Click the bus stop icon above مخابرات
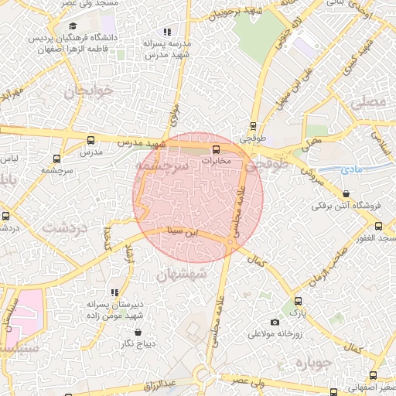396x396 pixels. pos(215,149)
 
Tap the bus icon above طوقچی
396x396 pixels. pos(252,127)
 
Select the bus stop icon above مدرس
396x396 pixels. pos(91,141)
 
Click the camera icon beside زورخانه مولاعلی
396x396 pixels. pos(275,322)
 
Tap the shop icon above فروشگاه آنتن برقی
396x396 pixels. pos(345,194)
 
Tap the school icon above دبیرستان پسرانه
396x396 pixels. pos(114,292)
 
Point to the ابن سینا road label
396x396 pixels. pos(185,231)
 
